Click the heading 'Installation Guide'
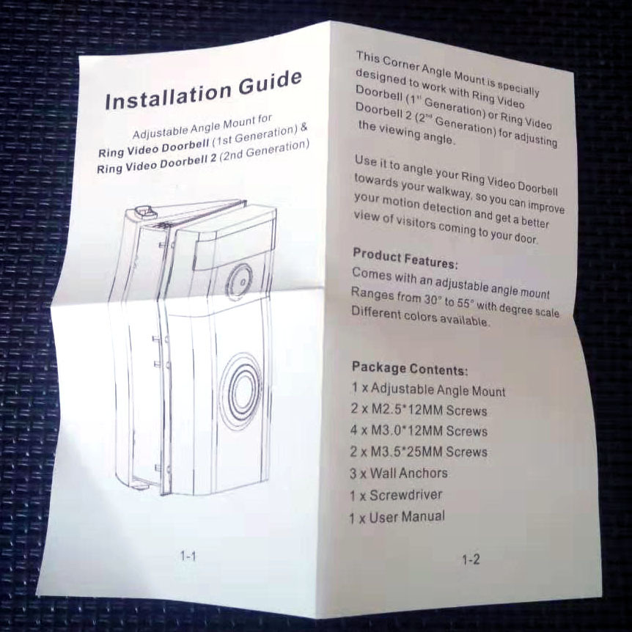coord(202,91)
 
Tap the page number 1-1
coord(188,556)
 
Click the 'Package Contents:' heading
coord(409,368)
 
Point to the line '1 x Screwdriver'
coord(396,495)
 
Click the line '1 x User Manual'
coord(397,517)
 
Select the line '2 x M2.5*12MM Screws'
coord(418,410)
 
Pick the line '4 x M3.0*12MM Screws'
coord(419,430)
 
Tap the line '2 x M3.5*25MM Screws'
coord(419,452)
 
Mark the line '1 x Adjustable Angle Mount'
coord(427,389)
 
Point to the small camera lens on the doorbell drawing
coord(238,279)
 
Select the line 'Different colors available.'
coord(421,317)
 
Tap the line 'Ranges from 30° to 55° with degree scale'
coord(455,301)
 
